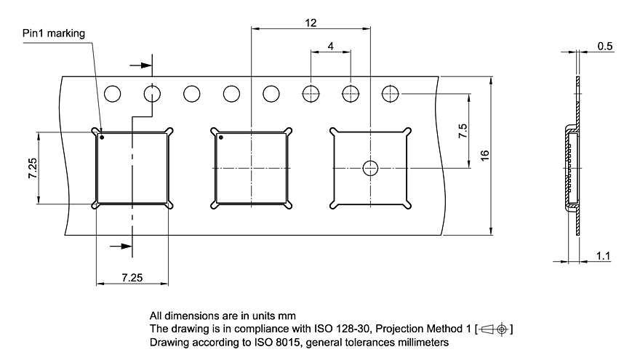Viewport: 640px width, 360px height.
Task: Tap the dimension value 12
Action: point(311,23)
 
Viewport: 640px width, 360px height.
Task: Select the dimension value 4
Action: point(331,46)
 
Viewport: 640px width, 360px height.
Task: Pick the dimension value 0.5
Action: point(604,46)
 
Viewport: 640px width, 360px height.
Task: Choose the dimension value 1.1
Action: point(603,255)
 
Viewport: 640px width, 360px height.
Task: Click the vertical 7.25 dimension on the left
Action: point(31,168)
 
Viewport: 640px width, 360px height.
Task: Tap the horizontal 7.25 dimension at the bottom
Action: point(132,278)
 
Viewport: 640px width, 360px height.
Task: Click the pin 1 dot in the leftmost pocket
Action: point(103,137)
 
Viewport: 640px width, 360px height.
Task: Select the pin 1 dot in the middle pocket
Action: point(221,137)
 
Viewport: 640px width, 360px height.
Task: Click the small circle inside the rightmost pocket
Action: point(370,168)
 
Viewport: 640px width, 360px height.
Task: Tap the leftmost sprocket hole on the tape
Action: point(112,94)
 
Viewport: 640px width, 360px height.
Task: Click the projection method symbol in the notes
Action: point(495,329)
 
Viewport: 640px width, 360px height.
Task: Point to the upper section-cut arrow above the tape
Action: point(145,66)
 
